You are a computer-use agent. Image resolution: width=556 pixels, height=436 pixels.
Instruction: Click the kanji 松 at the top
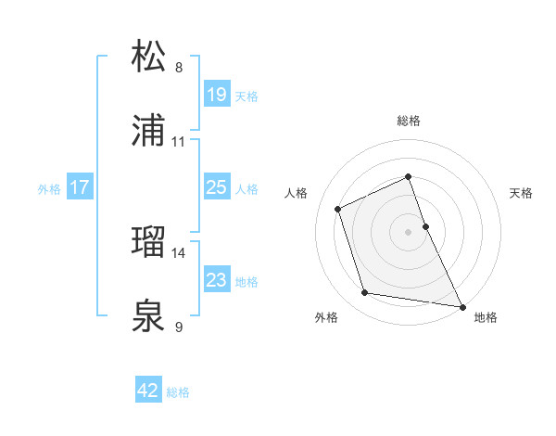[x=149, y=58]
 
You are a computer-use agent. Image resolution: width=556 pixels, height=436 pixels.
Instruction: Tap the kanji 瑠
[x=149, y=243]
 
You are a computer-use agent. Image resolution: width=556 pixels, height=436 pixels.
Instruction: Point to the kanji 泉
[x=149, y=317]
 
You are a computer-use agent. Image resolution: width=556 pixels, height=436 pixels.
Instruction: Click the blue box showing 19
[x=216, y=95]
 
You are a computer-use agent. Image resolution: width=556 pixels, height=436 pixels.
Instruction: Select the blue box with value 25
[x=216, y=187]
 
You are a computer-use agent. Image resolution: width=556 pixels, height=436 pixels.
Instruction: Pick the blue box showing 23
[x=216, y=280]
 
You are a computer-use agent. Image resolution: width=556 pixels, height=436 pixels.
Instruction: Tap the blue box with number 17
[x=79, y=187]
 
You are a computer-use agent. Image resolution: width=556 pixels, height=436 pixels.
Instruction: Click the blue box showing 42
[x=148, y=391]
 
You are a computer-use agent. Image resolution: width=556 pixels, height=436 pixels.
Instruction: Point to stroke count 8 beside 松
[x=179, y=68]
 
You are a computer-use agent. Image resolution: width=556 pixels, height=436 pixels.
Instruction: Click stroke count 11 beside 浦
[x=179, y=142]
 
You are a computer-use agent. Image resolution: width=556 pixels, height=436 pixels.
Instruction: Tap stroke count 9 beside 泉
[x=179, y=327]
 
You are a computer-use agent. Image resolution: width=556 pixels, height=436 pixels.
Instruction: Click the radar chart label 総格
[x=409, y=121]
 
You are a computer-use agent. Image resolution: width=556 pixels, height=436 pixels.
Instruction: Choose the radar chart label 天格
[x=522, y=193]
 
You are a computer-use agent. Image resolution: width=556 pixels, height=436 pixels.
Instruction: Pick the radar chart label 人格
[x=297, y=193]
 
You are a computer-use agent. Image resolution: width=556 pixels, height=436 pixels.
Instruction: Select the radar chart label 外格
[x=326, y=318]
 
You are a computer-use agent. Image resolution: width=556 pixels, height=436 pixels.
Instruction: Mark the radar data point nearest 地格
[x=461, y=305]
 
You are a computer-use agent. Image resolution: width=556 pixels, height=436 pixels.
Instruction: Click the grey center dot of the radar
[x=409, y=232]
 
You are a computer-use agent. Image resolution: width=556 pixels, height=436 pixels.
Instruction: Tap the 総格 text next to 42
[x=178, y=391]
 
